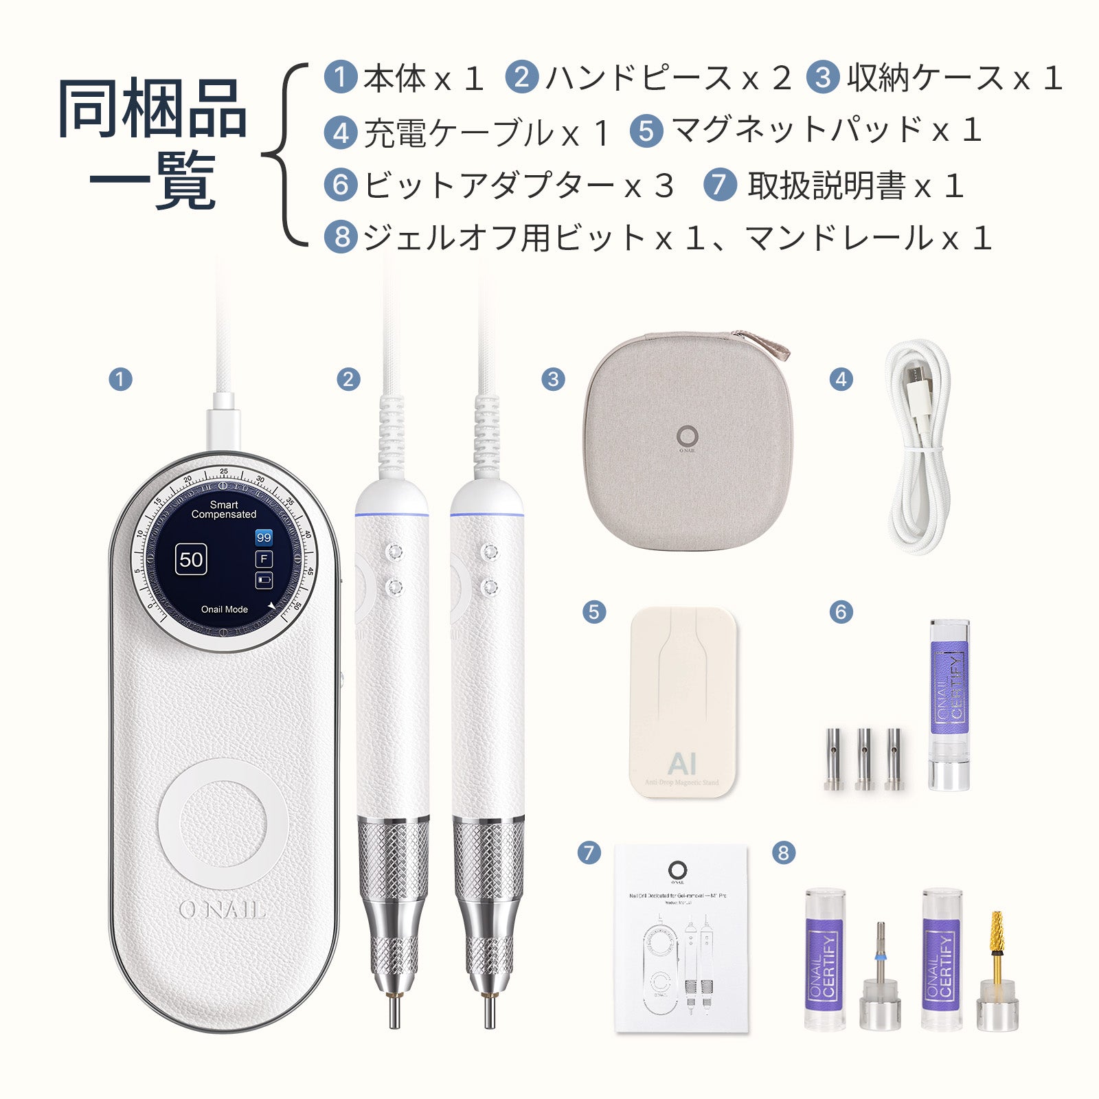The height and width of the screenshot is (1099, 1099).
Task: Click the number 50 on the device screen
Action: coord(191,559)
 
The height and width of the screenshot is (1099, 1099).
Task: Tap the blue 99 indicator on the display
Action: coord(264,537)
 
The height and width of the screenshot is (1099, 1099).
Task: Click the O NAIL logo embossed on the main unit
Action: coord(222,910)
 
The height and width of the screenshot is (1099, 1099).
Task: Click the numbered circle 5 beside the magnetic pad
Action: coord(594,612)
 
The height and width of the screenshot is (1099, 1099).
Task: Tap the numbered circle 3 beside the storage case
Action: coord(553,379)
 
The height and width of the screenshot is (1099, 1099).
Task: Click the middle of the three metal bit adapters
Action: coord(864,758)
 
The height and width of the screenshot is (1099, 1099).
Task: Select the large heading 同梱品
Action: coord(152,108)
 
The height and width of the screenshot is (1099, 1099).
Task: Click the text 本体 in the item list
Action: coord(394,78)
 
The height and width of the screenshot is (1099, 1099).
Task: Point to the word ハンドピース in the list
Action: coord(639,78)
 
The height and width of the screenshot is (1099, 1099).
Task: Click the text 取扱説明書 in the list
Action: coord(827,185)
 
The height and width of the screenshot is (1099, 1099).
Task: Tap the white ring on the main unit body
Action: coord(223,823)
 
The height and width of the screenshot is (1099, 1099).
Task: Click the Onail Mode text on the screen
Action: coord(224,609)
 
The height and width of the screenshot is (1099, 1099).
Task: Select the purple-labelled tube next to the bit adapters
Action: coord(949,704)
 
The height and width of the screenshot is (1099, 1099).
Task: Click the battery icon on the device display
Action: coord(264,580)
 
